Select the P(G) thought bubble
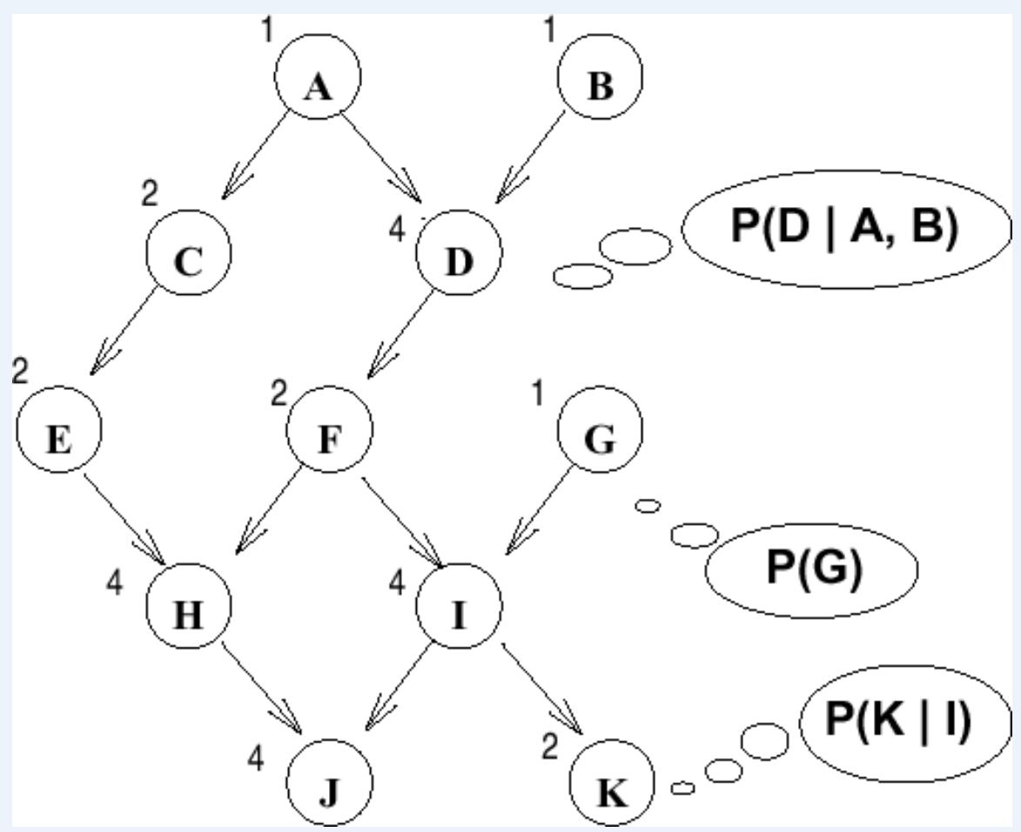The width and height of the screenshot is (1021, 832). click(812, 567)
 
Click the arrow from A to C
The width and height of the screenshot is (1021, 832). click(257, 158)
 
